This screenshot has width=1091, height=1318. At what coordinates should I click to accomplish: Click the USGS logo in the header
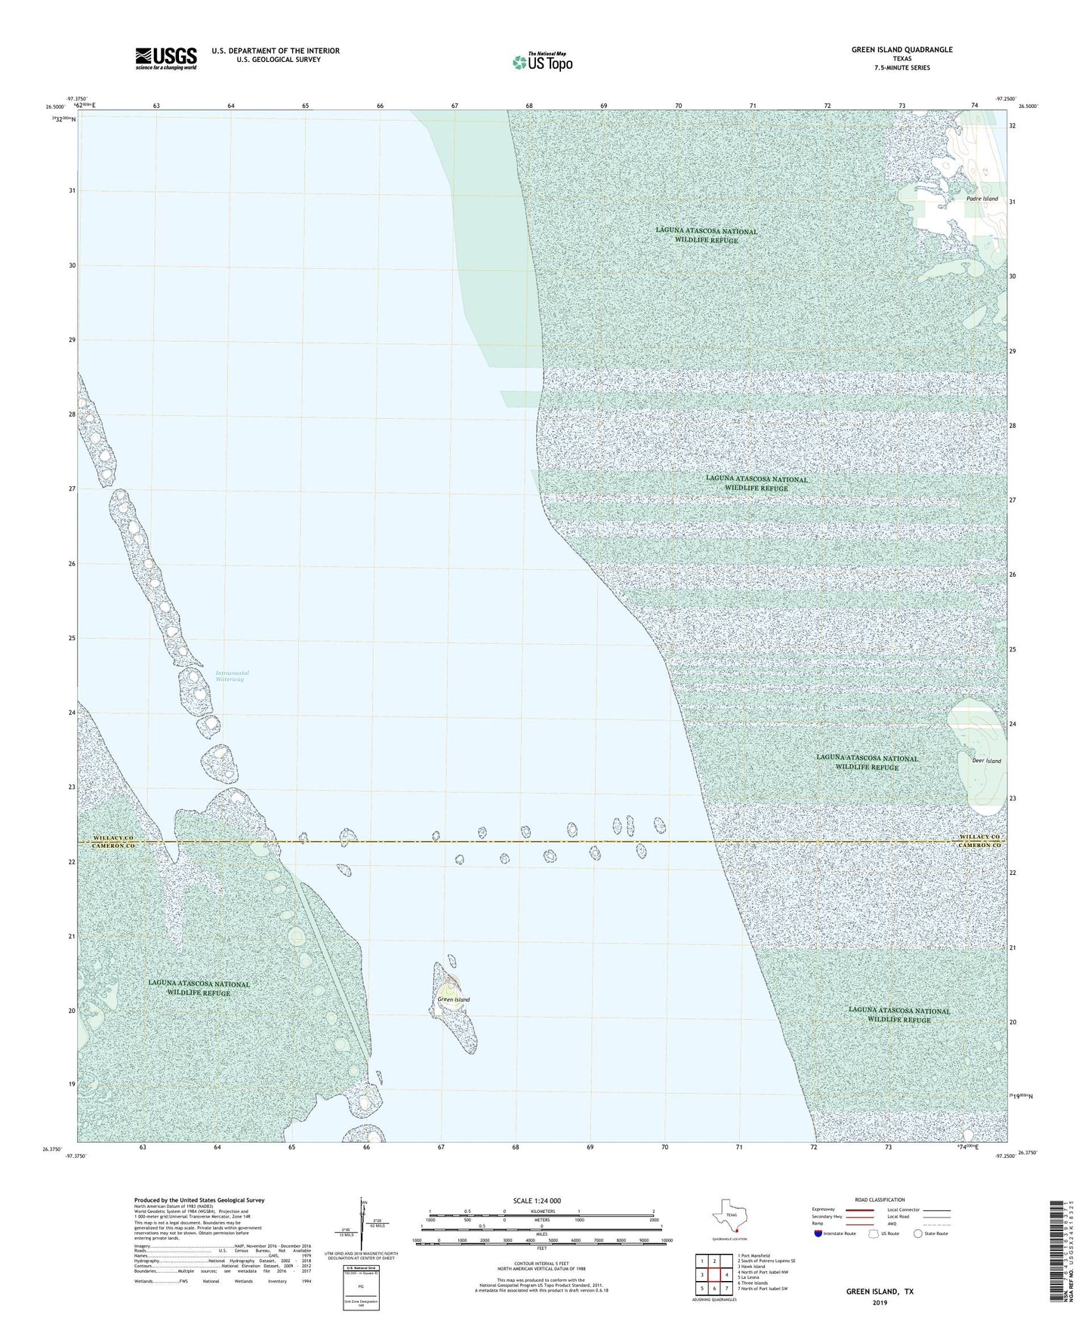(x=166, y=58)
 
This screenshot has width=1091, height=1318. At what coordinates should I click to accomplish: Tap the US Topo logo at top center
(x=541, y=62)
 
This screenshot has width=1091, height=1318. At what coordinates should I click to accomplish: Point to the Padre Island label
(x=982, y=199)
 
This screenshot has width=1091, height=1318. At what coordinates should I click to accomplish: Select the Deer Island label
(x=986, y=761)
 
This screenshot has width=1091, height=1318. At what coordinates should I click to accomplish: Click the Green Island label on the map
(x=453, y=999)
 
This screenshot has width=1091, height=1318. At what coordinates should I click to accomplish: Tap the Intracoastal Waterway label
(x=232, y=676)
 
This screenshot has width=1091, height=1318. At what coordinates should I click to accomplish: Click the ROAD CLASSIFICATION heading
(x=880, y=1199)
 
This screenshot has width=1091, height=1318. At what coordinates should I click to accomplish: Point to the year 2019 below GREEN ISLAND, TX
(x=880, y=1303)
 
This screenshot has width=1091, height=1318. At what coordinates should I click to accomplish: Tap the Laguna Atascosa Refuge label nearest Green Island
(x=199, y=988)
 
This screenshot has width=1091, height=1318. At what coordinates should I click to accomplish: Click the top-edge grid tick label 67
(x=455, y=106)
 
